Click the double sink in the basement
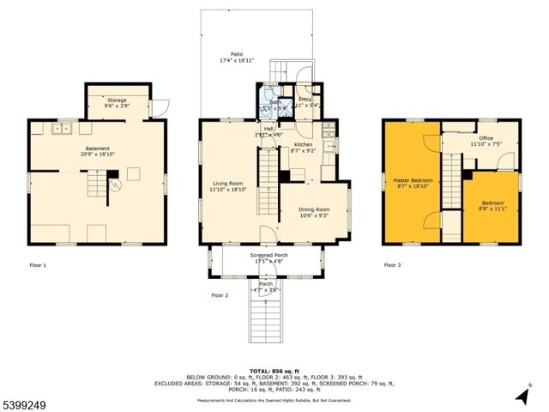pyautogui.click(x=61, y=129)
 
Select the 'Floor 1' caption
pyautogui.click(x=38, y=266)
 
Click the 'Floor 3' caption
pyautogui.click(x=393, y=266)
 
